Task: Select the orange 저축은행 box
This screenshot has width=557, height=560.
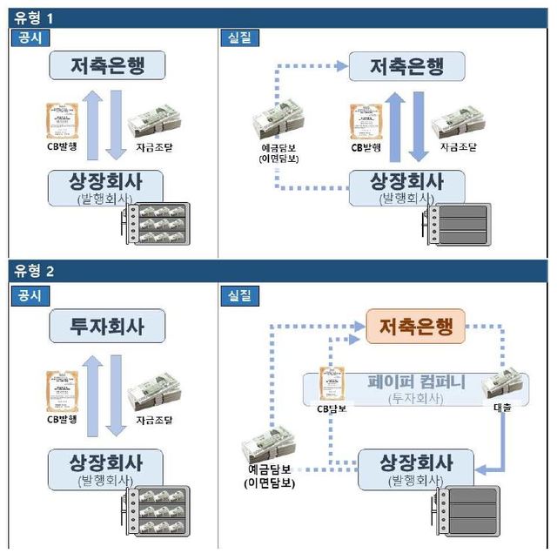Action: [x=416, y=327]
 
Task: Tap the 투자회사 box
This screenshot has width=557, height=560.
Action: [x=108, y=327]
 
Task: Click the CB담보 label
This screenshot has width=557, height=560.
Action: [x=331, y=408]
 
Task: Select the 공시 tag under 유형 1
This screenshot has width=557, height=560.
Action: [x=30, y=38]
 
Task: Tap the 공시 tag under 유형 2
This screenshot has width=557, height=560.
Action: [x=30, y=296]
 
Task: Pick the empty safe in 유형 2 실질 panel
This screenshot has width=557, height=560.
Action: [x=470, y=520]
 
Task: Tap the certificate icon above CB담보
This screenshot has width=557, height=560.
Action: [x=332, y=381]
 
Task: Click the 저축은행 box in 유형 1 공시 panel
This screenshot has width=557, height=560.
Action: [x=108, y=65]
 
